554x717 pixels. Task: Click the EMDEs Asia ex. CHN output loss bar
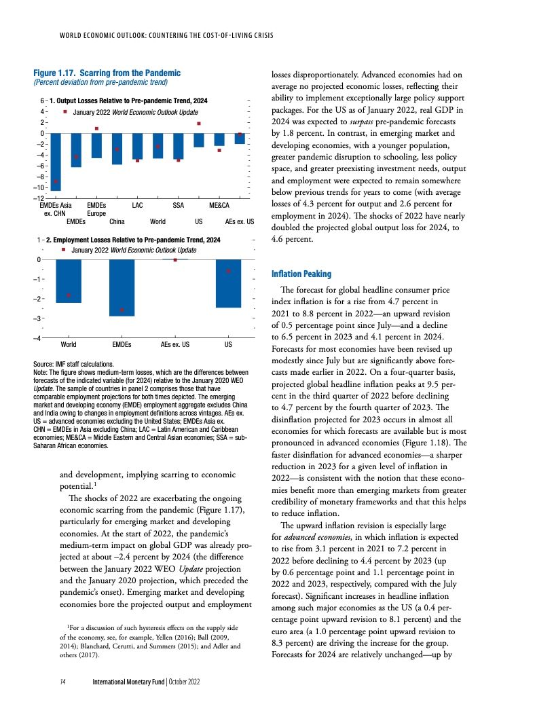point(56,162)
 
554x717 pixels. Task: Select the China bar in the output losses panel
point(117,149)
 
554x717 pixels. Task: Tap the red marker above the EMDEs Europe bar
point(96,128)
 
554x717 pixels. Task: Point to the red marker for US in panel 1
point(199,124)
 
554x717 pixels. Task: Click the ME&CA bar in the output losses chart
point(219,140)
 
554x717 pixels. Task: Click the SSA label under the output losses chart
point(179,204)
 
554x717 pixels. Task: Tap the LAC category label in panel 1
point(137,204)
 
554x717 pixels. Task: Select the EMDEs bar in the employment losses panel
point(122,288)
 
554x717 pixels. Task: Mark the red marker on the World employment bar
point(69,295)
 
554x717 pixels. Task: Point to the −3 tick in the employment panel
point(39,318)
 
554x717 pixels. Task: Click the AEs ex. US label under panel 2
point(174,345)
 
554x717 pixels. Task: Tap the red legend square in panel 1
point(64,111)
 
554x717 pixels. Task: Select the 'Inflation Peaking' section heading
point(301,274)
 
